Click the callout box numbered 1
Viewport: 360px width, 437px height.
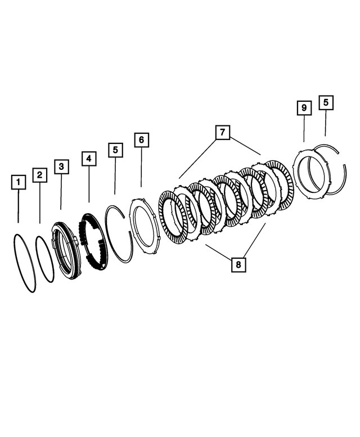pos(19,183)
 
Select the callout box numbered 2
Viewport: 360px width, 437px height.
pos(39,175)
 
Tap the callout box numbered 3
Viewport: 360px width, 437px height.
pos(61,166)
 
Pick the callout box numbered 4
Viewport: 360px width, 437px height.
pos(88,159)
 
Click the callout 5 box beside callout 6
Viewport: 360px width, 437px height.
pos(115,150)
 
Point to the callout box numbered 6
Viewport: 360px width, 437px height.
pos(141,139)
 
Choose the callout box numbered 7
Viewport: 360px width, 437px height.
pos(222,133)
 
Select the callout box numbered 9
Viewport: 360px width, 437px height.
pos(304,107)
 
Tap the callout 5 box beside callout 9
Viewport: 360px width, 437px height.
pos(326,102)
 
